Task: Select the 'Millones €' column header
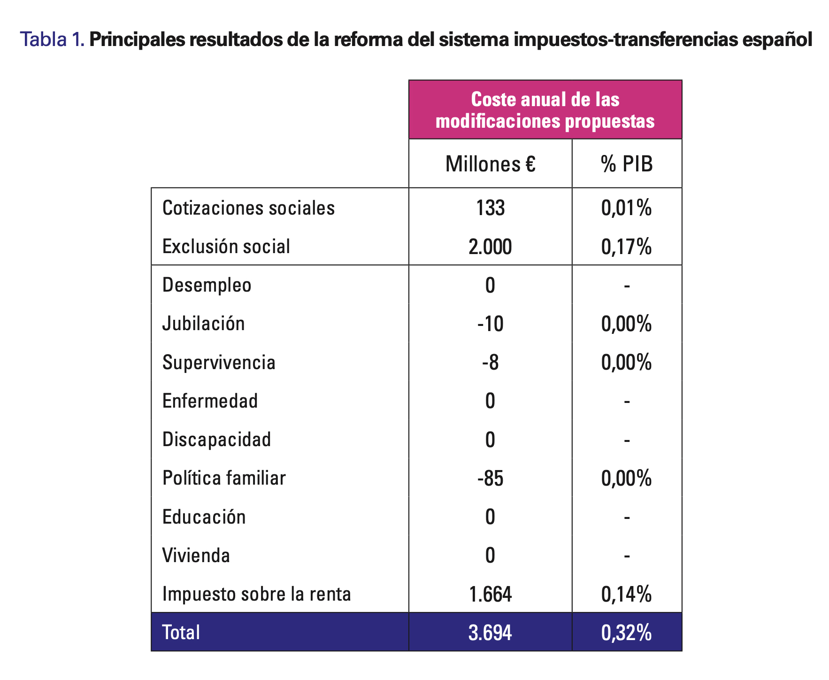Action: (x=490, y=164)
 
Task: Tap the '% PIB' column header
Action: (x=627, y=164)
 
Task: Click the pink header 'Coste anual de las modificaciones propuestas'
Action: (x=545, y=110)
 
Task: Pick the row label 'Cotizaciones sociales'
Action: (x=248, y=208)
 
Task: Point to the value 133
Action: (x=490, y=208)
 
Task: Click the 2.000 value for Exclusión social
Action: (x=490, y=247)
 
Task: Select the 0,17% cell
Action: (x=627, y=247)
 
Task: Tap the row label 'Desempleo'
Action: (x=207, y=285)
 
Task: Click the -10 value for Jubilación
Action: (x=490, y=324)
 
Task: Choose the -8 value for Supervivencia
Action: (x=490, y=363)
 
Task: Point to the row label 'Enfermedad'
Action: (x=210, y=401)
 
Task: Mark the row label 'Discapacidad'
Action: (x=216, y=440)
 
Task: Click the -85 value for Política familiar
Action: (x=490, y=478)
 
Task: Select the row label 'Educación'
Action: (x=204, y=517)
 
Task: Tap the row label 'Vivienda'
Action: (x=196, y=556)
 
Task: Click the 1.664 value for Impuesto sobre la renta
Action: (x=490, y=594)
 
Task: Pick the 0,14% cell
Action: (x=627, y=594)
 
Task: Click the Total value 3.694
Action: (x=490, y=633)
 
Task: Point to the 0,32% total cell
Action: (x=627, y=633)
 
